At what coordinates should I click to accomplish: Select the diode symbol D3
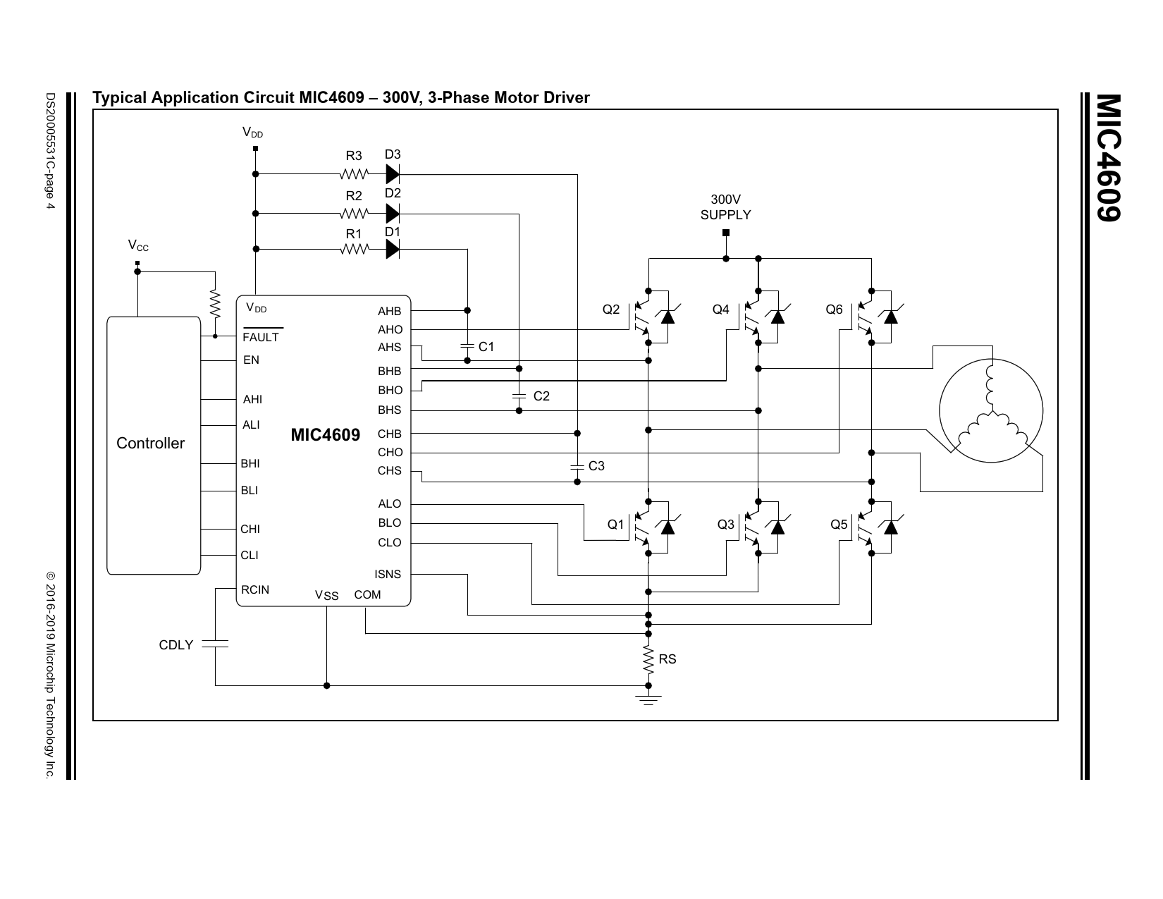pos(393,174)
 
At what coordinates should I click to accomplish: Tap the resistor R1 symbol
pos(354,249)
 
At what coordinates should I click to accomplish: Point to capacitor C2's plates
pos(519,396)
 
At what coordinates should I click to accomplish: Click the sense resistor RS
pos(648,659)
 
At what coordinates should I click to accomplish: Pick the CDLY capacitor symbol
pos(215,644)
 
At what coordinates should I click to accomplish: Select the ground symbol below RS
pos(648,699)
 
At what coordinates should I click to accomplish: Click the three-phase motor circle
pos(990,411)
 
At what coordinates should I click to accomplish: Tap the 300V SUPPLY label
pos(725,208)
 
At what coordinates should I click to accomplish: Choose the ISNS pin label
pos(388,575)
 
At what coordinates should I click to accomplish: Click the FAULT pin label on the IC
pos(261,337)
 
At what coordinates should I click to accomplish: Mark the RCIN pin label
pos(254,589)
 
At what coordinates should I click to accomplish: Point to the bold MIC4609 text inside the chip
pos(325,435)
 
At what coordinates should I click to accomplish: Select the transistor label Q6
pos(834,310)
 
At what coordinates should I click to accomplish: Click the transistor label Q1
pos(616,525)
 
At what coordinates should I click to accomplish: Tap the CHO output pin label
pos(390,453)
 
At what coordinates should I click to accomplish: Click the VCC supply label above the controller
pos(138,245)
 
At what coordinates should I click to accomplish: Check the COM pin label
pos(367,595)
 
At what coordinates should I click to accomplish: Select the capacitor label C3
pos(596,466)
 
